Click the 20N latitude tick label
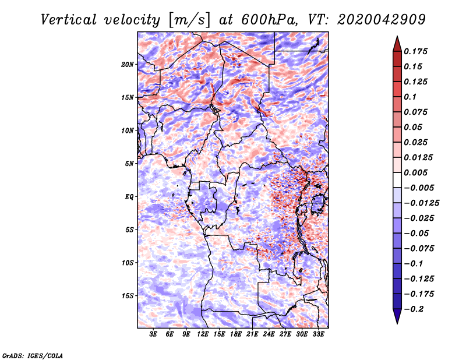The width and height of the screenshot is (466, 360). (128, 65)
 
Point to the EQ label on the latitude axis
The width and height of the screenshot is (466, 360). (129, 197)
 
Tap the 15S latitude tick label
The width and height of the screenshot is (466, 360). (128, 296)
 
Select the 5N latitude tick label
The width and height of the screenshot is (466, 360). (129, 164)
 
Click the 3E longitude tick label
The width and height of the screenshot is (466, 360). (153, 334)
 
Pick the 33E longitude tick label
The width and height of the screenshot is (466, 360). (318, 334)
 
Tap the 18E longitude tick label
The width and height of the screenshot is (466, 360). (236, 334)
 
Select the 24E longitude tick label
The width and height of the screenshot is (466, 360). (269, 334)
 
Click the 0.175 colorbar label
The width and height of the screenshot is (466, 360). (415, 51)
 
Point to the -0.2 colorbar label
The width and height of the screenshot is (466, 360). (414, 309)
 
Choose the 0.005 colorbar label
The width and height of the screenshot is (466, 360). (415, 172)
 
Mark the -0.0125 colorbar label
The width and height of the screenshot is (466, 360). (421, 203)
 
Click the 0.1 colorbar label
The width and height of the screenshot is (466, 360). (410, 97)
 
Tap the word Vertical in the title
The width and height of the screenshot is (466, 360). (68, 20)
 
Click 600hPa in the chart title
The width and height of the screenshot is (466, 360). (269, 20)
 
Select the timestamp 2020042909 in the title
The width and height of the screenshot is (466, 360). (382, 20)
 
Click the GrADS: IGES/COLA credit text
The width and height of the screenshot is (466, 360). (33, 355)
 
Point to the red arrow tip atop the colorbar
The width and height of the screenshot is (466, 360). (397, 37)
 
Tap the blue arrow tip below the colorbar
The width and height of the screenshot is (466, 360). (397, 323)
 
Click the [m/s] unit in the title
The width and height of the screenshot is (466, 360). (189, 20)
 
